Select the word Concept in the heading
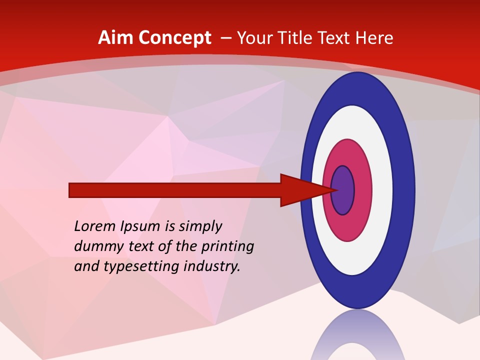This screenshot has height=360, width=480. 175,38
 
